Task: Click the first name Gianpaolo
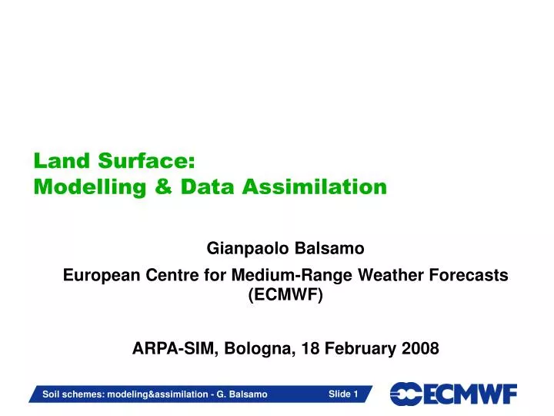click(x=244, y=249)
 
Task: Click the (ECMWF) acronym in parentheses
click(x=285, y=295)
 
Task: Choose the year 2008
click(x=420, y=348)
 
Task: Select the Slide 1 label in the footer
click(x=343, y=394)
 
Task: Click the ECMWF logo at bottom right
click(x=453, y=394)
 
